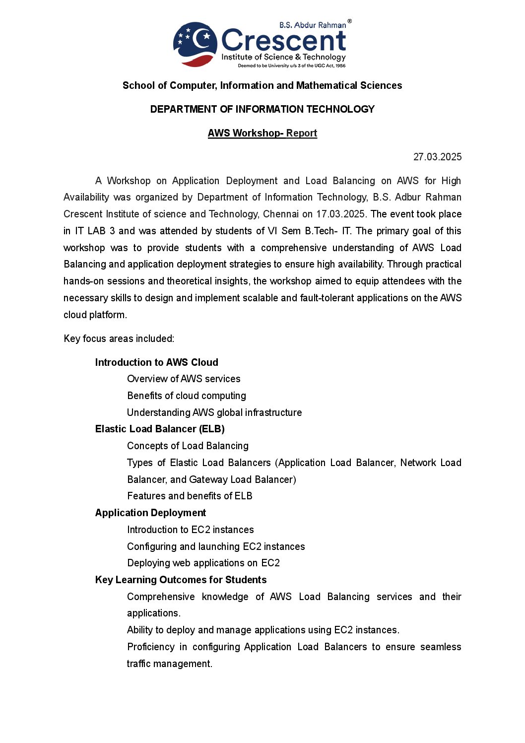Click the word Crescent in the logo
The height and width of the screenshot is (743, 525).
pos(283,41)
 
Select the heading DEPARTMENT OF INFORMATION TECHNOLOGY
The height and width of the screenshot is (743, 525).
pos(262,109)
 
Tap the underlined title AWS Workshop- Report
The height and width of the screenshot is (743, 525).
pos(262,133)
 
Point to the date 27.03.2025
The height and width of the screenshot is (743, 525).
pos(437,157)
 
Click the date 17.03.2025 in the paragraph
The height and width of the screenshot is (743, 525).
pos(340,214)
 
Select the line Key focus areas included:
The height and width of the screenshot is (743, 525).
pos(119,338)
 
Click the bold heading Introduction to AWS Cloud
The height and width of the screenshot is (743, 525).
pos(156,362)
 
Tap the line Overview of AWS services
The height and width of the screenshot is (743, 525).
pos(184,379)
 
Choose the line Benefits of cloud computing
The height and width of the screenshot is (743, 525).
pos(187,396)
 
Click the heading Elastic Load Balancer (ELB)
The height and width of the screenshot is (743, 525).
pos(160,429)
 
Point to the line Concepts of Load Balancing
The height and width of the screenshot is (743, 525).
pos(188,446)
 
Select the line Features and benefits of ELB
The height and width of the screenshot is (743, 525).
pos(190,496)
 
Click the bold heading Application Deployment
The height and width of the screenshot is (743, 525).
pos(150,513)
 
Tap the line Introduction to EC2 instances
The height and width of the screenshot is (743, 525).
pos(190,530)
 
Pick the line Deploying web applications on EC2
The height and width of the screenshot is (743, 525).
pos(203,563)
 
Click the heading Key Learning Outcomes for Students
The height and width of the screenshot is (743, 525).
pos(181,580)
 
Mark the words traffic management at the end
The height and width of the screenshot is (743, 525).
pos(169,664)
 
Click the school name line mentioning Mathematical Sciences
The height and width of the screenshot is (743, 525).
pos(262,85)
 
